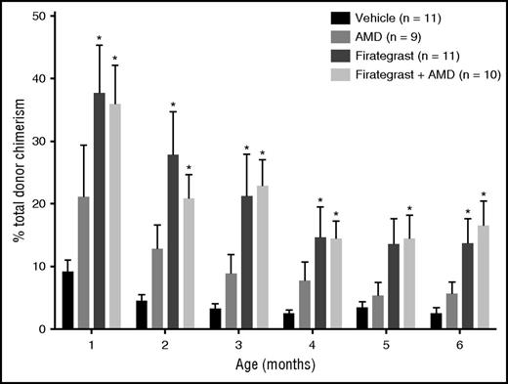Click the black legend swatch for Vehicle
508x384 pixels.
click(x=341, y=18)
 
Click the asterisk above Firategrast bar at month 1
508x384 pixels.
click(x=99, y=39)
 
